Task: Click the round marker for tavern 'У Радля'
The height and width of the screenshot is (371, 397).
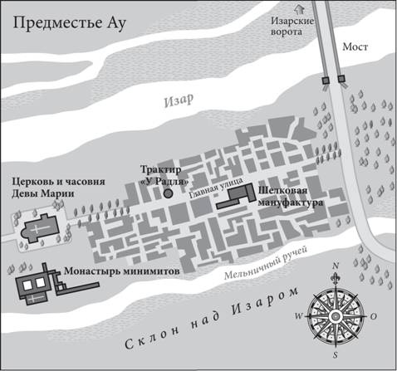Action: (x=168, y=193)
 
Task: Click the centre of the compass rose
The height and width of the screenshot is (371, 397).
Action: (x=333, y=315)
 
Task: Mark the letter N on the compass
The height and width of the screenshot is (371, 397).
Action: (x=335, y=267)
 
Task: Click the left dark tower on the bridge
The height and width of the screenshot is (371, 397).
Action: (x=324, y=81)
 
